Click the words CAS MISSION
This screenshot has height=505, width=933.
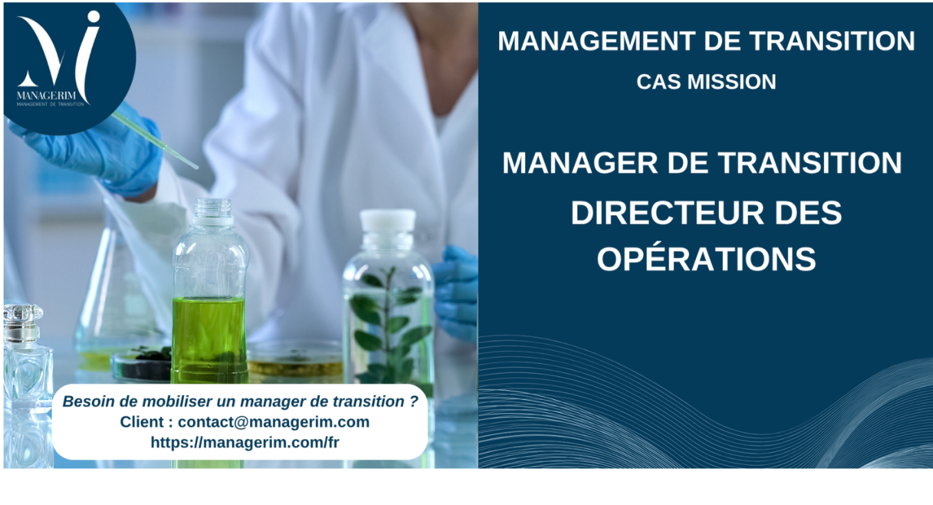coord(706,82)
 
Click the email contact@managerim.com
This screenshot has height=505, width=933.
coord(274,421)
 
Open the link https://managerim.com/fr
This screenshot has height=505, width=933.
coord(245,442)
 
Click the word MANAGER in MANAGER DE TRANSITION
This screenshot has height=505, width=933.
coord(580,163)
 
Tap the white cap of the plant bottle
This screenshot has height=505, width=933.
coord(388,221)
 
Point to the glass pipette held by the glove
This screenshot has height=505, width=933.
coord(155,140)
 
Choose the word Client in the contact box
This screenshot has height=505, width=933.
coord(142,421)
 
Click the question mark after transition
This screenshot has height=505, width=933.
coord(413,401)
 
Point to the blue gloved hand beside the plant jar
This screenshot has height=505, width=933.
coord(455,292)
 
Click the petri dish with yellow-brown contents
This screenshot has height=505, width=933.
coord(295,360)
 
